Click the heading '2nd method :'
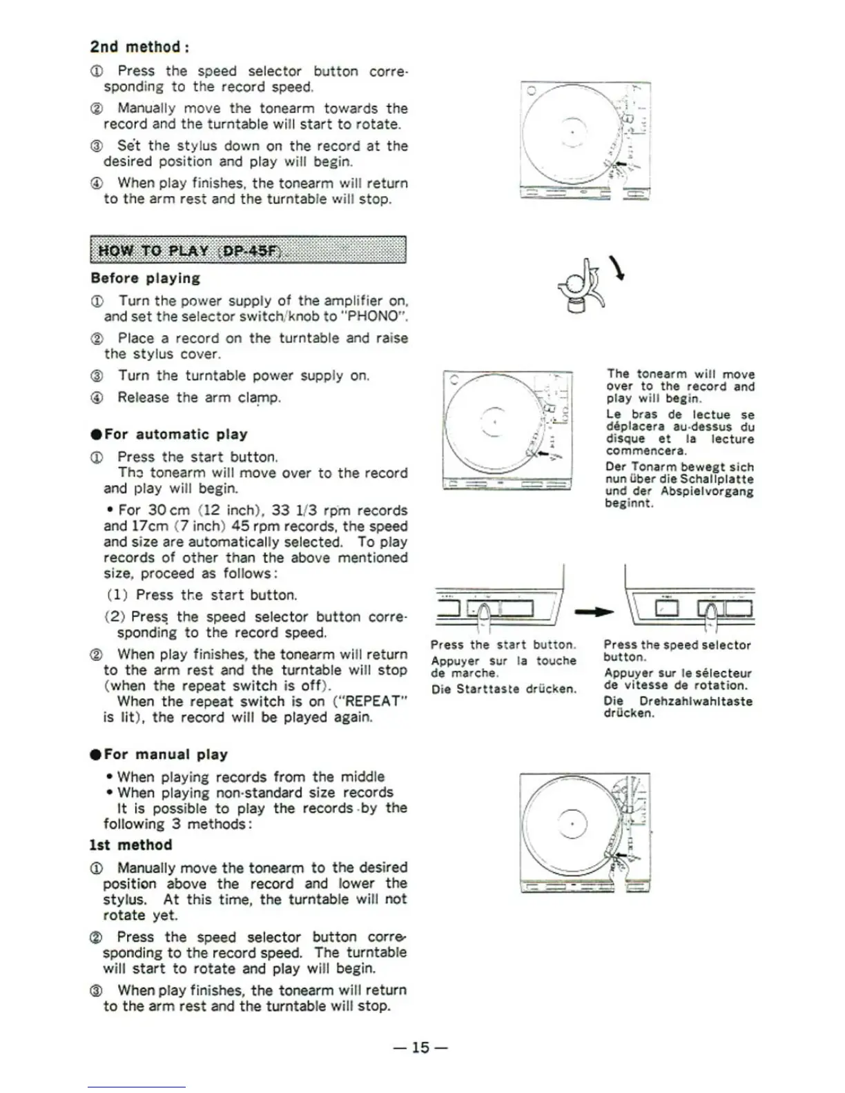(x=139, y=47)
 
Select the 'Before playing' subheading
(x=145, y=278)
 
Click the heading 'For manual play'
(x=166, y=754)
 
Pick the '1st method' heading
(x=130, y=845)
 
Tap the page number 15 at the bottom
(x=420, y=1047)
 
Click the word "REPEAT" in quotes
(x=371, y=702)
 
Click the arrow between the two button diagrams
(x=594, y=611)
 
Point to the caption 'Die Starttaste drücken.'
(x=503, y=689)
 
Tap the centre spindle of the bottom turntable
(x=572, y=824)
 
